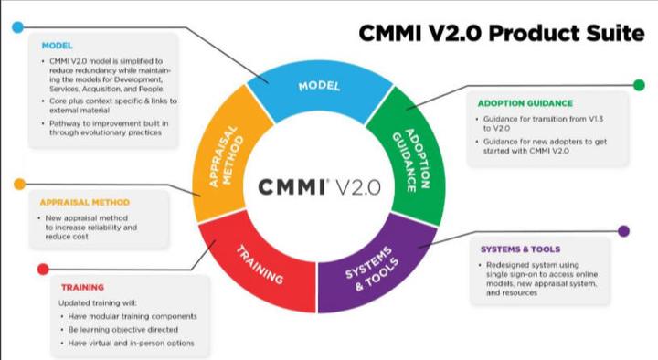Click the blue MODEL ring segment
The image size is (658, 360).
click(319, 87)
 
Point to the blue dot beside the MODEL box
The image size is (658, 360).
click(17, 27)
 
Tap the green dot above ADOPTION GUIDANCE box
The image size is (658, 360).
click(639, 86)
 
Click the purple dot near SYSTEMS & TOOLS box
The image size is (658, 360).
click(624, 230)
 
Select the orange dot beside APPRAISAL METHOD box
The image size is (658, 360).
click(19, 185)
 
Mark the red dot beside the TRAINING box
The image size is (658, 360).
click(42, 269)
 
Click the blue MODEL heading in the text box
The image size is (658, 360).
click(58, 44)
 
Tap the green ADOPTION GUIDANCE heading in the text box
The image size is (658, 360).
click(525, 102)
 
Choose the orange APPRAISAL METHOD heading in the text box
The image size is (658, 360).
click(85, 202)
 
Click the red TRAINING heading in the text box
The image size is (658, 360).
click(82, 287)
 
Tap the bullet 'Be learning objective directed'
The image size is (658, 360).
click(123, 329)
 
